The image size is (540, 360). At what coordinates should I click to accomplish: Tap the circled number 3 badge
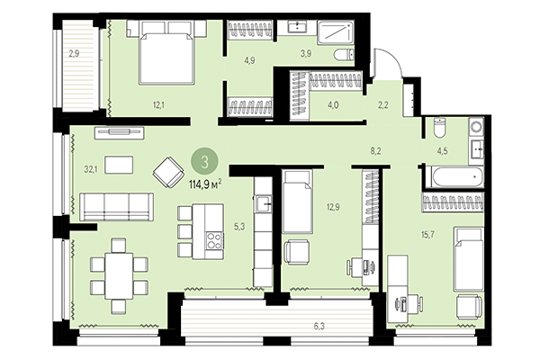pos(206,163)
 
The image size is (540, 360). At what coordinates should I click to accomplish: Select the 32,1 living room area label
pos(90,167)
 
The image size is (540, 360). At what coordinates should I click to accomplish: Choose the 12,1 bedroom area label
pos(158,105)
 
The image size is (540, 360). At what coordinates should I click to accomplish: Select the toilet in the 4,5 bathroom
pos(438,126)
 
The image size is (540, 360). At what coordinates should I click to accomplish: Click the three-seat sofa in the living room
pos(116,206)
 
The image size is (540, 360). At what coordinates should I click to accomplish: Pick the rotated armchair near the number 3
pos(167,170)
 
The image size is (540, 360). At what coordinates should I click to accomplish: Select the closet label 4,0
pos(334,105)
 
